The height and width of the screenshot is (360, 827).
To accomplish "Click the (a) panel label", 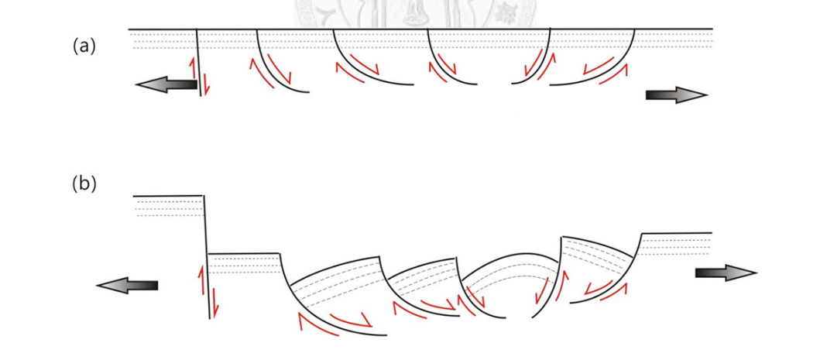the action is pos(84,47).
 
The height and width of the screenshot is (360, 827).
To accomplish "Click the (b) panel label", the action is pos(84,184).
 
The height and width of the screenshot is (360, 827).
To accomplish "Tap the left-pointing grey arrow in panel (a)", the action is pos(166,84).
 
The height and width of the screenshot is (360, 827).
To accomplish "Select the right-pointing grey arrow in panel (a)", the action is pos(677,95).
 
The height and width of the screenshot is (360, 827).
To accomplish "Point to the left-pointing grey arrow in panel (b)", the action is pos(127,285).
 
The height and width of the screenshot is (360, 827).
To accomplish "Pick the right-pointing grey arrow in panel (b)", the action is pos(726,273).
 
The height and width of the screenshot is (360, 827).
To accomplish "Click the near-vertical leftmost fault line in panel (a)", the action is pos(199,62).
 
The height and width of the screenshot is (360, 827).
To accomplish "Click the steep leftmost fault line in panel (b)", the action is pos(207,257).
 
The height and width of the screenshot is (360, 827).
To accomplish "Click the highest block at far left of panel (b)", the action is pos(169,206).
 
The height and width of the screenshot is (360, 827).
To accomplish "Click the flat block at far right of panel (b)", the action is pos(676,244).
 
